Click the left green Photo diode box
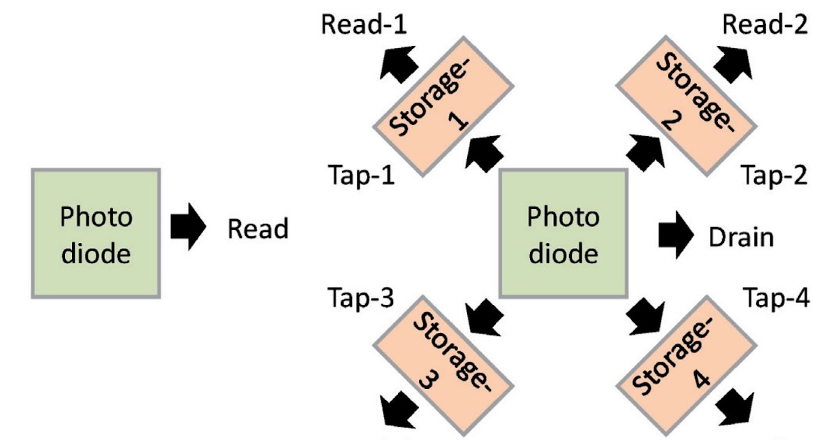(x=96, y=233)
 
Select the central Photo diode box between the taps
(x=563, y=233)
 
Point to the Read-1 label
(x=364, y=26)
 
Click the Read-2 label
(x=765, y=26)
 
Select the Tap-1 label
(x=360, y=176)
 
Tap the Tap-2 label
(x=774, y=176)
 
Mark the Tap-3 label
(x=360, y=298)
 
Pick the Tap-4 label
(x=776, y=298)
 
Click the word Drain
(x=741, y=237)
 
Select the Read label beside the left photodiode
(x=258, y=229)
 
